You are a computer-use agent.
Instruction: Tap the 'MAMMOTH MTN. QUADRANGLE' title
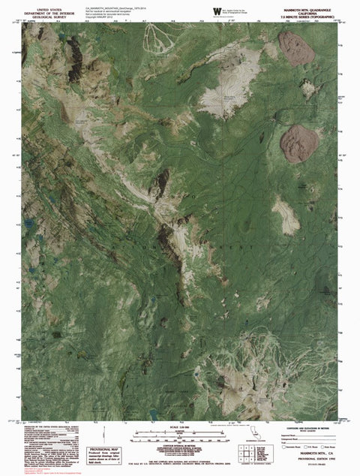(x=301, y=5)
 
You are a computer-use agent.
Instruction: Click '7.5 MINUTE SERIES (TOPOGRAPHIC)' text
(x=301, y=14)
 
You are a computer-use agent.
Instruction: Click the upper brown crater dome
(x=296, y=47)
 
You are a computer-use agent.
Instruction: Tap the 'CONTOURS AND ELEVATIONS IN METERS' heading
(x=301, y=426)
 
